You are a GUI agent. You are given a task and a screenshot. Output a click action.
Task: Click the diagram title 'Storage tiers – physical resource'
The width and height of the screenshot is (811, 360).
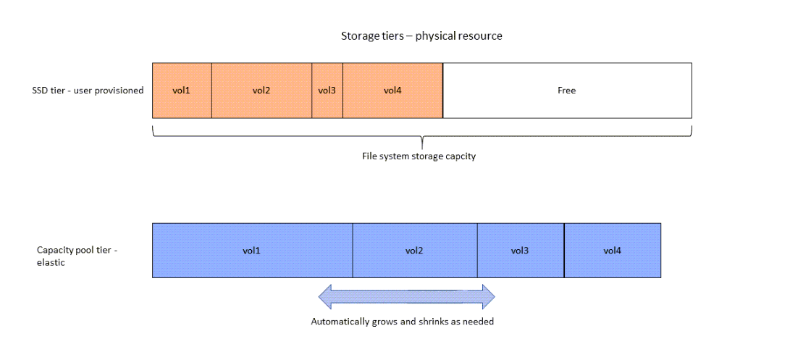[x=421, y=35]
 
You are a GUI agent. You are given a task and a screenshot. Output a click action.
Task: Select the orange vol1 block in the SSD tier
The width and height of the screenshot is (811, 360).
[x=182, y=91]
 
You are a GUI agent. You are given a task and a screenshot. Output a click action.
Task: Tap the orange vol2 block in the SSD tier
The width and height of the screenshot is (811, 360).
[x=261, y=91]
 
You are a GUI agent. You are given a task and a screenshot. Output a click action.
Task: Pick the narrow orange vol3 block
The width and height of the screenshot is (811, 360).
[x=327, y=91]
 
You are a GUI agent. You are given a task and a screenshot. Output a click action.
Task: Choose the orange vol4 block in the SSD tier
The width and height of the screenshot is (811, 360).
[x=392, y=91]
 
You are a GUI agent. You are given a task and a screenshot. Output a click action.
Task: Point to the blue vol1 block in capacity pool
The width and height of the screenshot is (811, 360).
[x=252, y=251]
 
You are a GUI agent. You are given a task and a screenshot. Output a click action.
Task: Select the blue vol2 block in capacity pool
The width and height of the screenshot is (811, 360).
[x=414, y=251]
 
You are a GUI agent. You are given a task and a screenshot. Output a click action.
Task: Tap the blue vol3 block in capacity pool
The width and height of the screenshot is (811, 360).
[x=520, y=251]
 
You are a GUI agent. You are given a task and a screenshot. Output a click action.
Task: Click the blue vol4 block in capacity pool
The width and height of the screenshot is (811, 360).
[x=612, y=251]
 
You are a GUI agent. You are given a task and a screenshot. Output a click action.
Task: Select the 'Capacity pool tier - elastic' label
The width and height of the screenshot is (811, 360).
[x=76, y=256]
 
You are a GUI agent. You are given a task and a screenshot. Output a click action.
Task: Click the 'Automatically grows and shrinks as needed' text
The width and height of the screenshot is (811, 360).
[x=402, y=321]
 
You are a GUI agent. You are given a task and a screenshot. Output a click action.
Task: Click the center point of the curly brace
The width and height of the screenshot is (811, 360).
[x=422, y=142]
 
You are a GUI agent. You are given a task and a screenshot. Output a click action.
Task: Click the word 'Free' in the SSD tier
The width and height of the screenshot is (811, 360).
[x=567, y=91]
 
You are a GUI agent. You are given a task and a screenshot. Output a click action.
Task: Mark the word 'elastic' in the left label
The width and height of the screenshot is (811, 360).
[x=51, y=263]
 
